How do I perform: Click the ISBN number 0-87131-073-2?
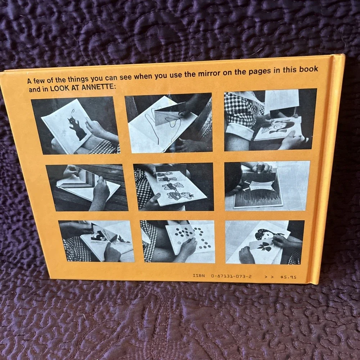click(231, 276)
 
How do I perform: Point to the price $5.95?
click(288, 277)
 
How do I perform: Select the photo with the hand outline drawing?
click(169, 123)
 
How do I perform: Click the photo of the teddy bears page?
click(174, 187)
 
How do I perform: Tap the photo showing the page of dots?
click(178, 242)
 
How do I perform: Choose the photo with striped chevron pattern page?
click(87, 188)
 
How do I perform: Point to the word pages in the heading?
click(260, 71)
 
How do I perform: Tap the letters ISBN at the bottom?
click(199, 275)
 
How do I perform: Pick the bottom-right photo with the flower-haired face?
click(265, 242)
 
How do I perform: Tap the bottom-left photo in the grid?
click(96, 241)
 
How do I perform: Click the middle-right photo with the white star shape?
click(267, 186)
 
